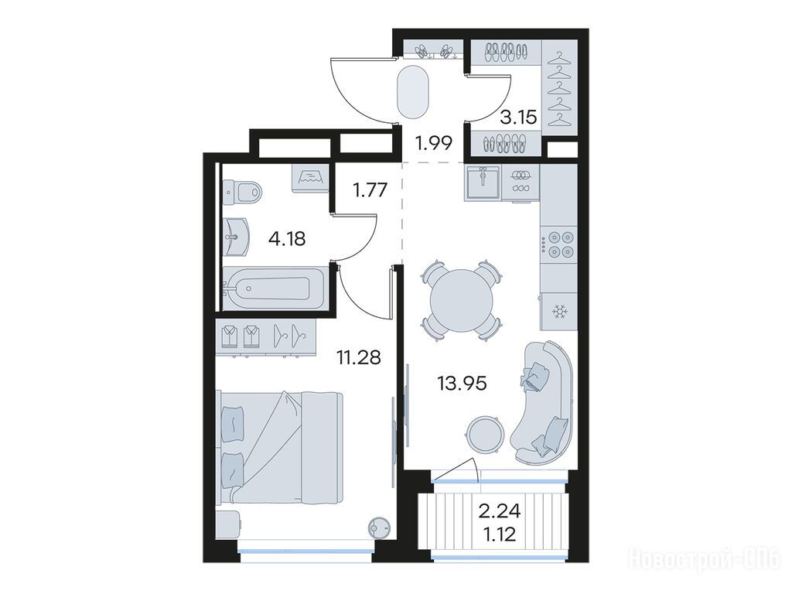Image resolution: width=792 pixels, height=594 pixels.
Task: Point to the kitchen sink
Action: point(483,182)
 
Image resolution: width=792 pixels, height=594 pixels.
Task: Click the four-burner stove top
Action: point(558,244)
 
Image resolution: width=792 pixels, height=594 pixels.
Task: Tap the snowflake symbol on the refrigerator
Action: point(558,312)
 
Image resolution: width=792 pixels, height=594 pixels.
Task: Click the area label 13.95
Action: point(463,384)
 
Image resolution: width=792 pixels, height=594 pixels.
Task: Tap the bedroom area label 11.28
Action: point(359,357)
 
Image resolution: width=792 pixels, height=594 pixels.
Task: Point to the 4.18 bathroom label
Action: point(287,238)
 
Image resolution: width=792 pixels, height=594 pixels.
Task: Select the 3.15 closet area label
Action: point(518,118)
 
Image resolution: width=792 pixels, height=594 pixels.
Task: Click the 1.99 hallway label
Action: point(433,144)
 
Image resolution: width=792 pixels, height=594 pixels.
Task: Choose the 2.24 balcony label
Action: point(499,511)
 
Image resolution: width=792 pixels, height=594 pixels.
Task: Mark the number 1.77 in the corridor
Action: point(370,191)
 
